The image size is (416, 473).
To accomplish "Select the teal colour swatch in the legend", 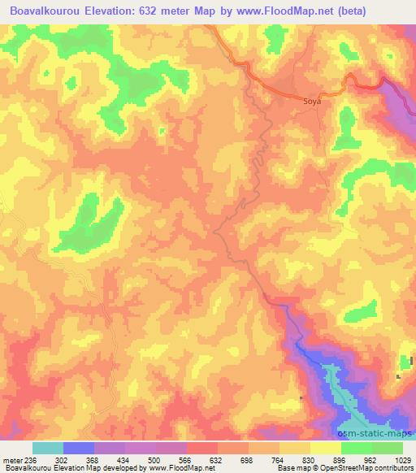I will [48, 447].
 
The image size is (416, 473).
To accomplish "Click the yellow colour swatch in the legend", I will [325, 447].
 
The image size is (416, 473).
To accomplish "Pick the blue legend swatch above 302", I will [79, 447].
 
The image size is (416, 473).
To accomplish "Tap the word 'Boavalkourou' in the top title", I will [45, 11].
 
